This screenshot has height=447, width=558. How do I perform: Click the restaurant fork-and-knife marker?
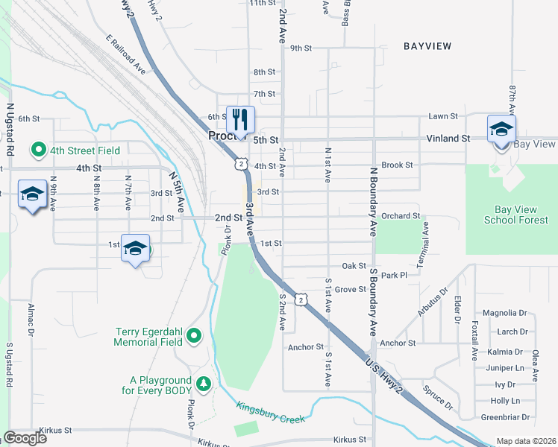coord(240,120)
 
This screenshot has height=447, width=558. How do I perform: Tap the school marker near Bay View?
coord(501,129)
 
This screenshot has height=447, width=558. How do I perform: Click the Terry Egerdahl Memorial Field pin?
coord(194,337)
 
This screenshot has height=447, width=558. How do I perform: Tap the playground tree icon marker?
coord(203,384)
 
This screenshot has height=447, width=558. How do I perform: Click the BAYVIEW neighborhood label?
coord(427,46)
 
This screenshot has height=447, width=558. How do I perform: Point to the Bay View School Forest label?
coord(510,215)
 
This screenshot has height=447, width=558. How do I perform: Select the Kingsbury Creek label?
coord(271,413)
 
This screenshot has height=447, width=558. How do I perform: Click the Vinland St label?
coord(448,139)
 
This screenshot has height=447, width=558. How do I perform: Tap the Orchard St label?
coord(401,216)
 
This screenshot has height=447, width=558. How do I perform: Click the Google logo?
coord(25,438)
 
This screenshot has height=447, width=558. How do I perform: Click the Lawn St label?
coord(443,116)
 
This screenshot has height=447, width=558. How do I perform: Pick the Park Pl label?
coord(393,276)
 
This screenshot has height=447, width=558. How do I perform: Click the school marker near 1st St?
coord(136,249)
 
